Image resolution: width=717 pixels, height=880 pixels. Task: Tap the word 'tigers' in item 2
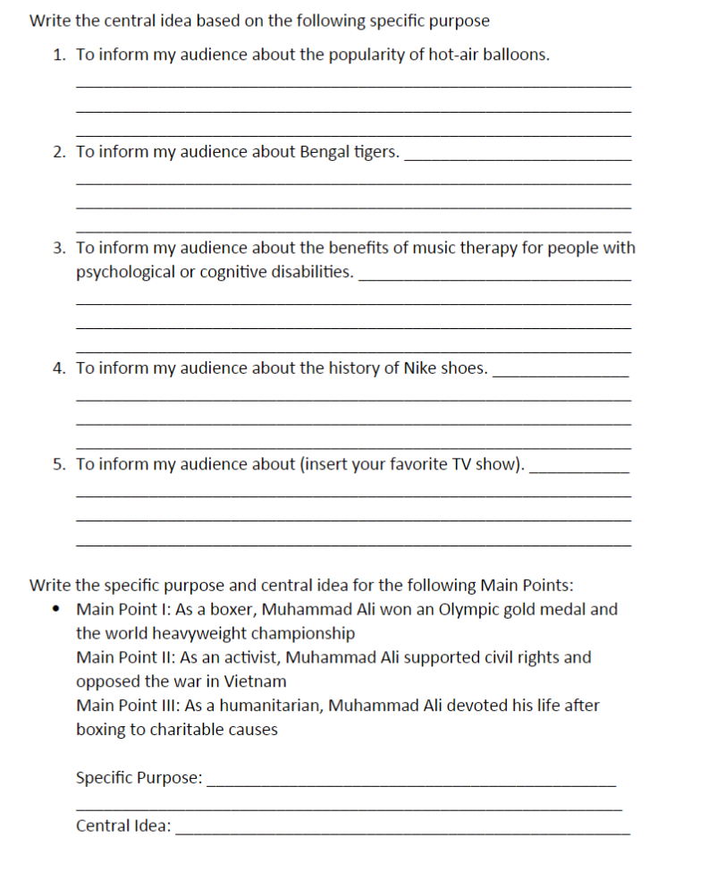tap(376, 151)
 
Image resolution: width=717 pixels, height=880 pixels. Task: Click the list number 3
tap(58, 248)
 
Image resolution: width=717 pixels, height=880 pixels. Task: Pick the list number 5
tap(58, 464)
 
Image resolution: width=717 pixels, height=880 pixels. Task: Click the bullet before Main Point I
tap(58, 610)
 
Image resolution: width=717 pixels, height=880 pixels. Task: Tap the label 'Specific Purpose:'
tap(139, 778)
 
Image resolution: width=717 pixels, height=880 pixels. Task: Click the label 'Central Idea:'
tap(123, 825)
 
